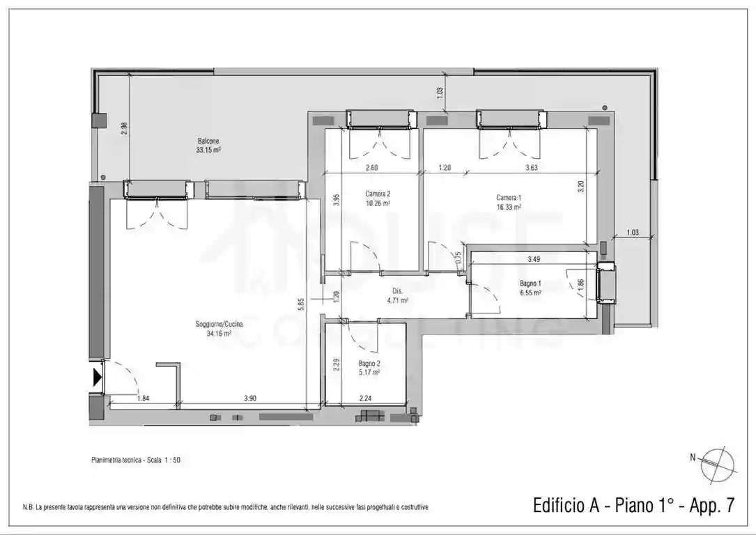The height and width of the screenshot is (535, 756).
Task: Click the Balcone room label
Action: click(208, 141)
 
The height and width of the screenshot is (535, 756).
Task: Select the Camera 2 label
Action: click(378, 194)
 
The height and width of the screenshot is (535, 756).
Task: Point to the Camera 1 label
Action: click(509, 198)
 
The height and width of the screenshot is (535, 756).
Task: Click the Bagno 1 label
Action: click(530, 284)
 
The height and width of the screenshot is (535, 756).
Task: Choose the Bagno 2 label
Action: click(369, 364)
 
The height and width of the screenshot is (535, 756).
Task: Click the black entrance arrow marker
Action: click(98, 378)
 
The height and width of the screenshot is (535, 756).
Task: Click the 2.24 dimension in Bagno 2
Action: click(365, 398)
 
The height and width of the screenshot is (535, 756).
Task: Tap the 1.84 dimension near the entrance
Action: click(143, 398)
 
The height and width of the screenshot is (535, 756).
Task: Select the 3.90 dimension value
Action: click(249, 398)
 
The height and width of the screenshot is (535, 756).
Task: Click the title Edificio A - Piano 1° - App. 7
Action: click(633, 505)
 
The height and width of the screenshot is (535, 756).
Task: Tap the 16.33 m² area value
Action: click(509, 207)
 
